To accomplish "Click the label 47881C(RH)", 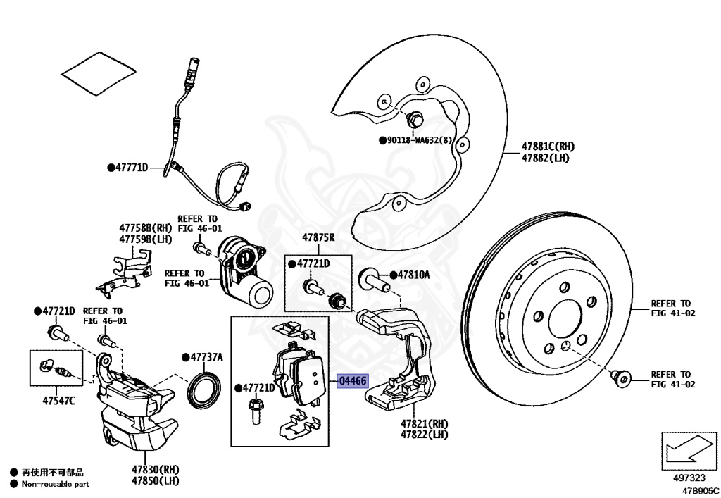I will click(548, 147).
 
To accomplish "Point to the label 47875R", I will click(318, 238).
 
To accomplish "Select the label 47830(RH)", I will click(156, 469).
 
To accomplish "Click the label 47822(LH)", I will click(425, 435).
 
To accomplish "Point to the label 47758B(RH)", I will click(146, 228).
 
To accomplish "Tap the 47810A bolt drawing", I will click(373, 279).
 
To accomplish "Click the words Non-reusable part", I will click(56, 484).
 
